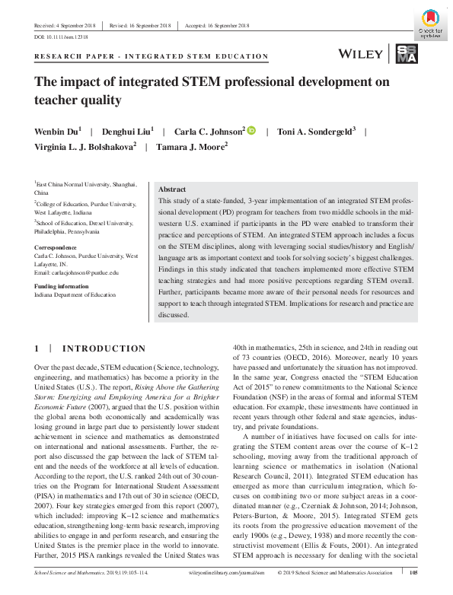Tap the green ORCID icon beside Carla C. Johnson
251,131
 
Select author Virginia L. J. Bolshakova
84,147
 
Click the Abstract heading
171,189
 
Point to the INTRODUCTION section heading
103,348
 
